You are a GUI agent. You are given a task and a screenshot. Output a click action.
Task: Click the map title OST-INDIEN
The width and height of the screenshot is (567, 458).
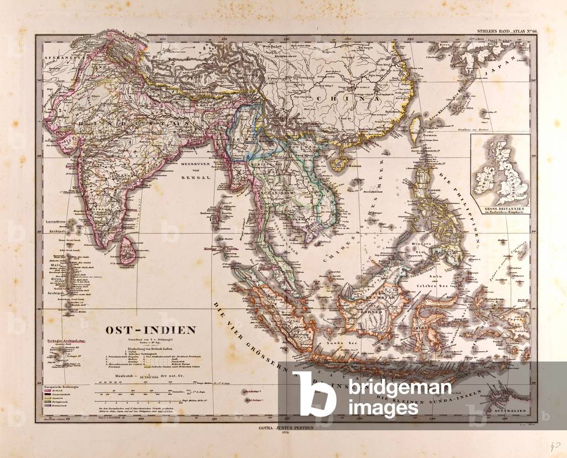[x=151, y=330]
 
